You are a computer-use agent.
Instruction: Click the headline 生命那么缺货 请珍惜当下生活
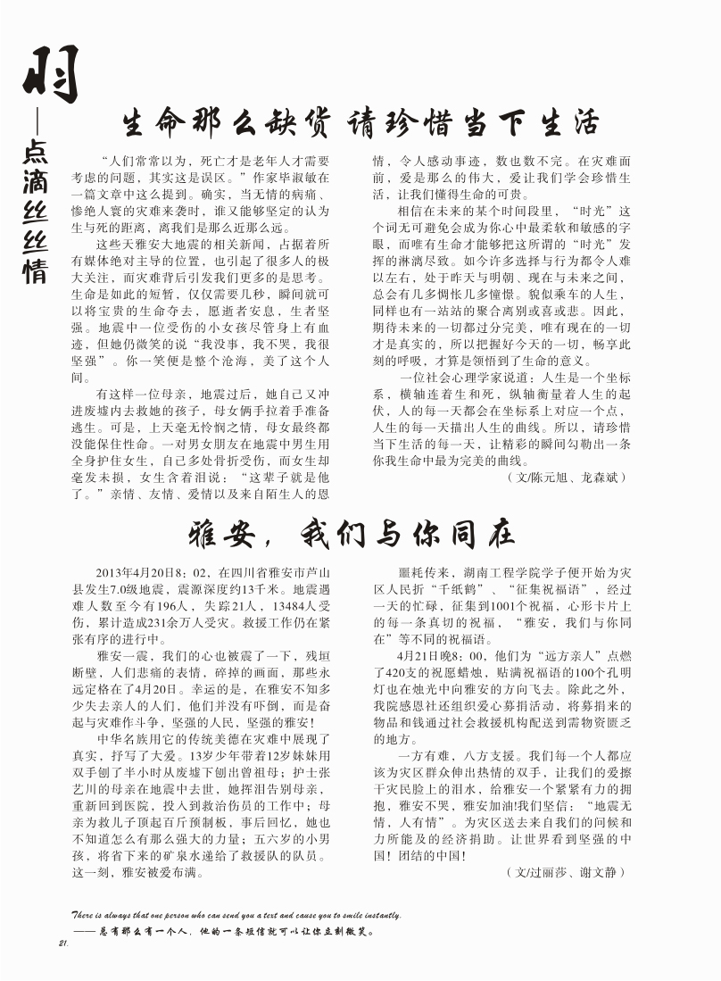pyautogui.click(x=360, y=122)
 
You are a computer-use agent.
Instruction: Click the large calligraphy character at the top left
pyautogui.click(x=50, y=74)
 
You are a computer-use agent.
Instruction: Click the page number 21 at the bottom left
pyautogui.click(x=62, y=944)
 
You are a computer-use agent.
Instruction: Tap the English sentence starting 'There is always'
pyautogui.click(x=236, y=915)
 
